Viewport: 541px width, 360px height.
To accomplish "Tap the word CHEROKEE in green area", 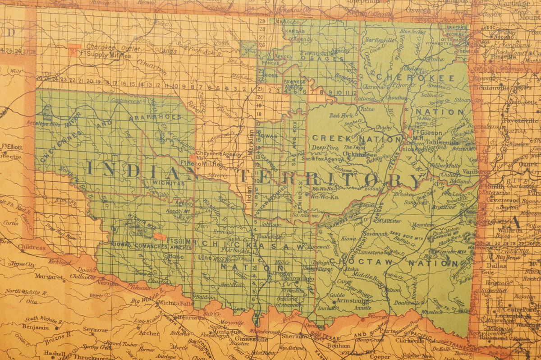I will tap(415, 77).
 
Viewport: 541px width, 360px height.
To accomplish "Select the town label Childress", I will tap(32, 247).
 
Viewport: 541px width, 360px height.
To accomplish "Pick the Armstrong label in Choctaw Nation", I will tap(353, 300).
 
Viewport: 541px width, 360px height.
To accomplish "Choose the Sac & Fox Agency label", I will tap(322, 159).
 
